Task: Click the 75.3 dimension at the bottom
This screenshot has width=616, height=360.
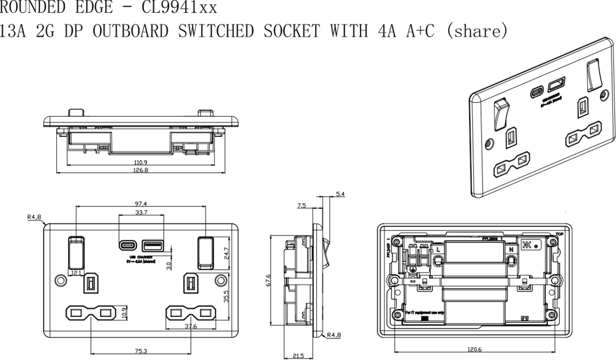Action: click(140, 351)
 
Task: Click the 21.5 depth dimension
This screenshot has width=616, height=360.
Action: click(298, 355)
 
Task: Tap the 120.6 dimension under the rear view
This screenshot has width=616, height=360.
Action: click(474, 349)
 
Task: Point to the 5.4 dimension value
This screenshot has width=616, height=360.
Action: click(340, 194)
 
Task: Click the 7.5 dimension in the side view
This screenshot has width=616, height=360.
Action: click(302, 205)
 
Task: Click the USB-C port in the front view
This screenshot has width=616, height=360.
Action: click(128, 244)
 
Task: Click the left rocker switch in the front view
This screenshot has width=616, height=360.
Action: click(76, 252)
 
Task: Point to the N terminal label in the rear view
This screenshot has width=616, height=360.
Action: click(511, 249)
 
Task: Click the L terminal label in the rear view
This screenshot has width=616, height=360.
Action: click(438, 249)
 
